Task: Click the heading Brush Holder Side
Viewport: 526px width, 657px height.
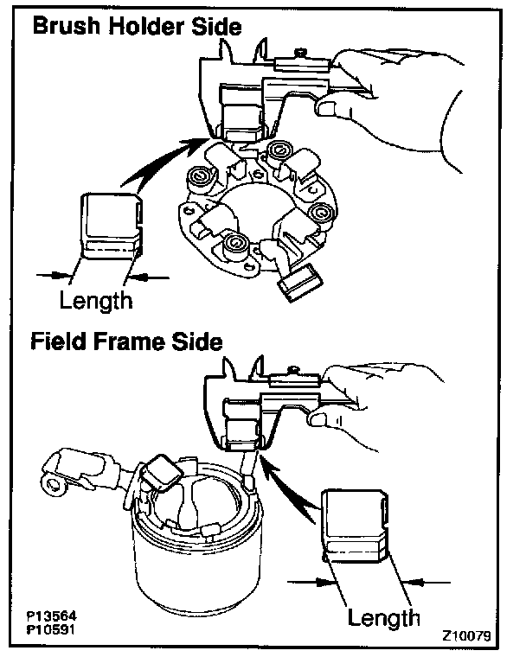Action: point(137,27)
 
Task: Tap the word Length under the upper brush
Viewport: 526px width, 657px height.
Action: point(96,300)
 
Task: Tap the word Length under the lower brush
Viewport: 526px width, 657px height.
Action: point(384,617)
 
